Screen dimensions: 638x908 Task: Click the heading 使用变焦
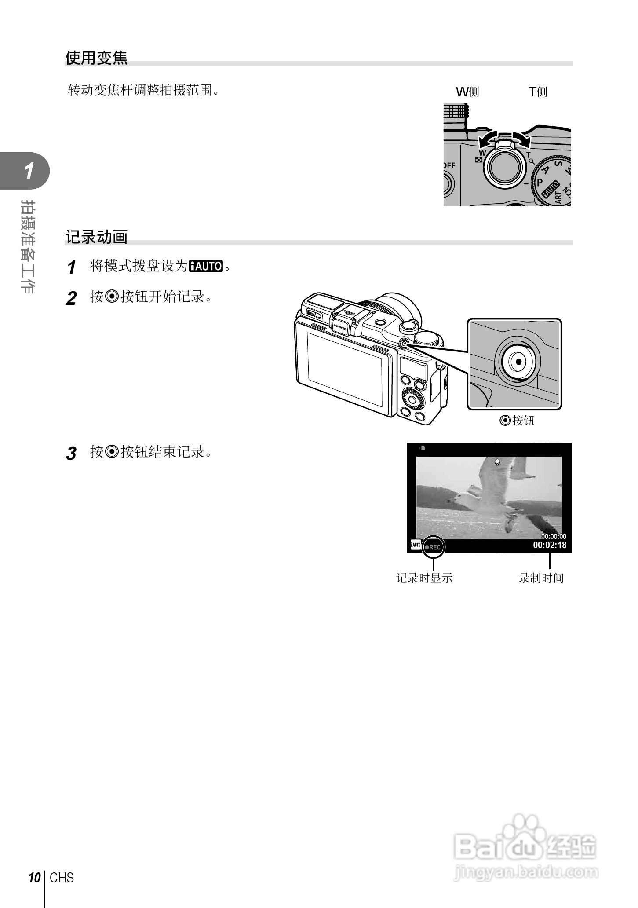[x=96, y=58]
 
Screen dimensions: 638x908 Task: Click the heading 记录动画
[x=96, y=237]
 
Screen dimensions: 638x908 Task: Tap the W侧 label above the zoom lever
[x=467, y=92]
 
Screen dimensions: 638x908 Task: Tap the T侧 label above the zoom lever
[x=538, y=92]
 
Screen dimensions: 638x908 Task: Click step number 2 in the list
[x=71, y=299]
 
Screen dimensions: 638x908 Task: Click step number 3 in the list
[x=71, y=454]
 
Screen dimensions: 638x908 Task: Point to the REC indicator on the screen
[x=433, y=547]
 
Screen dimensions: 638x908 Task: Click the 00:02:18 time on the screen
[x=550, y=546]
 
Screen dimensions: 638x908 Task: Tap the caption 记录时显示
[x=424, y=578]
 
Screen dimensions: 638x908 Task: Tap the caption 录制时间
[x=541, y=578]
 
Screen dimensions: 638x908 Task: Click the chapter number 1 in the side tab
[x=29, y=171]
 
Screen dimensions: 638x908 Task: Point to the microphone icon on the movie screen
[x=497, y=462]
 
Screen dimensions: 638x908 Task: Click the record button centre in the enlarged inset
[x=519, y=362]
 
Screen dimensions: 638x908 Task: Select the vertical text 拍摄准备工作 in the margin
[x=29, y=246]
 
